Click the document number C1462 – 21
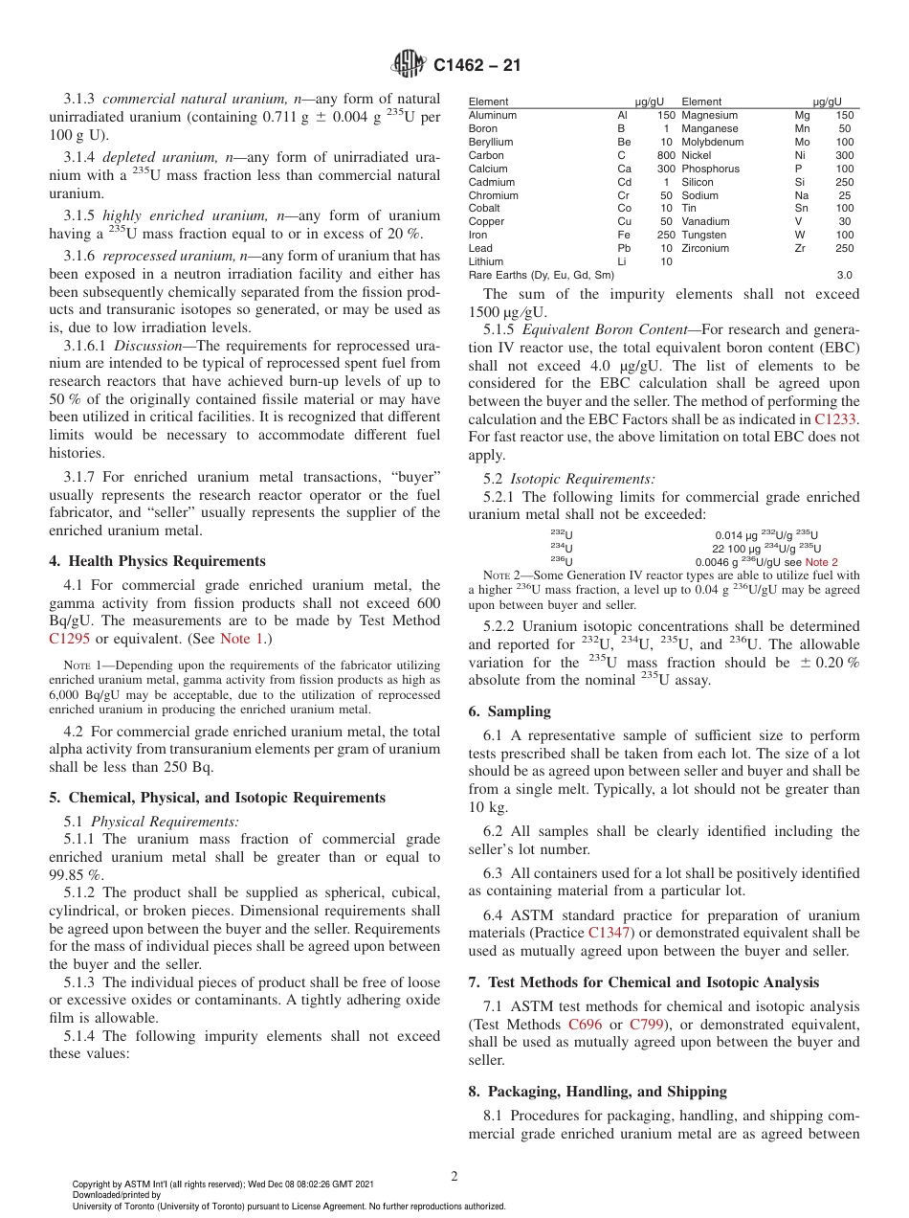click(x=477, y=66)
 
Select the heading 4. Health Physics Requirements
click(x=157, y=561)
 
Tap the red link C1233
click(x=836, y=419)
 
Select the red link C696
click(x=585, y=1025)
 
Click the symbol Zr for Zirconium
click(x=800, y=248)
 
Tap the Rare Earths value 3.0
click(x=844, y=275)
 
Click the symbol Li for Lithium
click(x=624, y=261)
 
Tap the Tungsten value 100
click(x=844, y=235)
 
